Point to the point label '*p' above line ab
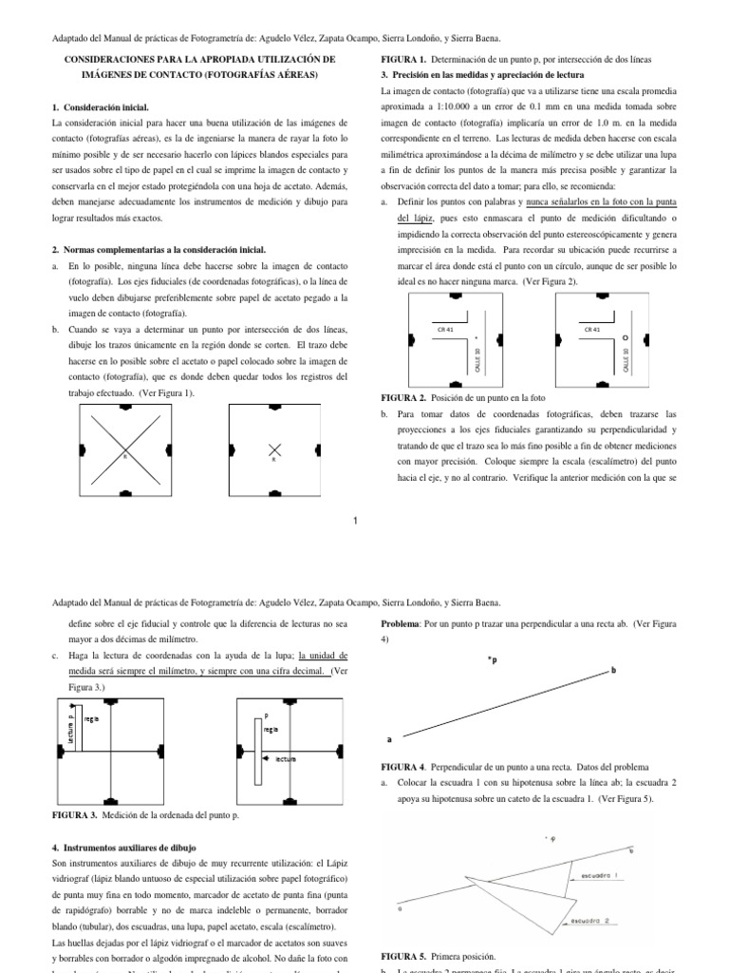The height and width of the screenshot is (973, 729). (x=492, y=658)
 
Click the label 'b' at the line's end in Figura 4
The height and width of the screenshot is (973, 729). (x=612, y=671)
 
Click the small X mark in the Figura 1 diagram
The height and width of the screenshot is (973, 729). (x=274, y=448)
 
